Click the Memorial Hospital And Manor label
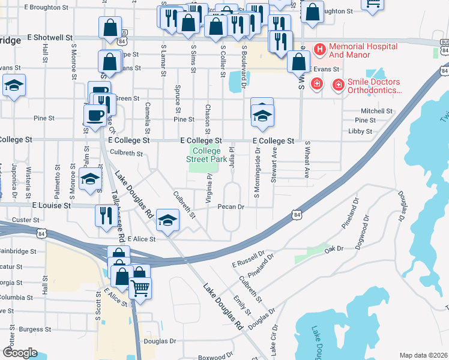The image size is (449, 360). tap(363, 51)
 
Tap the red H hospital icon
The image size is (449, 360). tap(319, 47)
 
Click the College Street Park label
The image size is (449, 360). tap(206, 155)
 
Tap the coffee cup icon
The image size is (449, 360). tap(95, 115)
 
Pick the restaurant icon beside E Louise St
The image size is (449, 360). tap(106, 215)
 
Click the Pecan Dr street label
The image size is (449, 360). tap(231, 207)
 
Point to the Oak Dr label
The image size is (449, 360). tap(333, 248)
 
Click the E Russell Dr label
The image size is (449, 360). tap(248, 260)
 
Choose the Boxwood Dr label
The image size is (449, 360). tap(214, 357)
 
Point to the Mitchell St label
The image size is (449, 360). tap(376, 111)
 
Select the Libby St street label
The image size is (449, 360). tap(360, 131)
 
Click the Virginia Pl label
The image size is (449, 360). tap(209, 188)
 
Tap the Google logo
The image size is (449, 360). tap(20, 353)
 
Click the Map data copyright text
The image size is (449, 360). tap(423, 355)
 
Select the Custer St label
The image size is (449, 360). tap(26, 220)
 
